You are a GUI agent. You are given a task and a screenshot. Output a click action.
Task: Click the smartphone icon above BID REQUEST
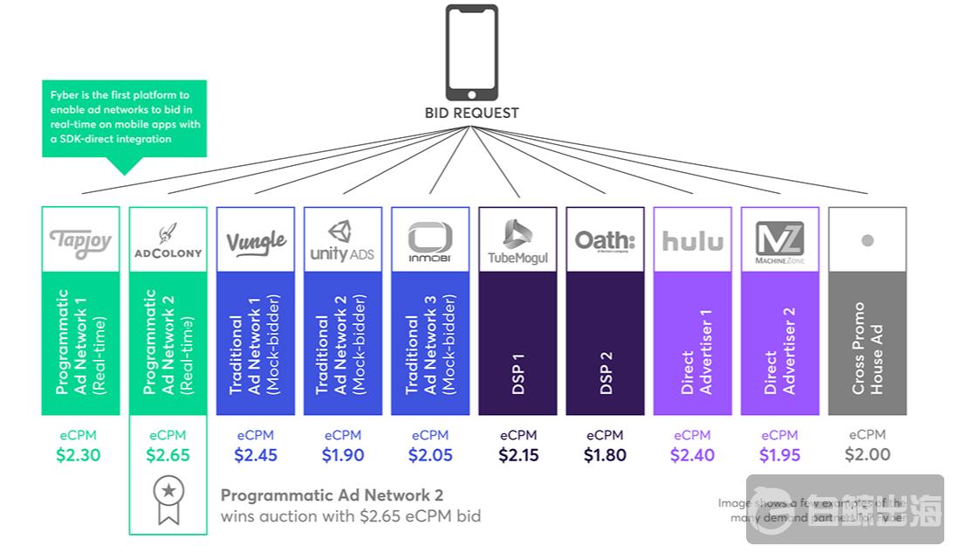[x=471, y=52]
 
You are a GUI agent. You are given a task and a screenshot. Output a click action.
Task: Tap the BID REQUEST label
[x=471, y=113]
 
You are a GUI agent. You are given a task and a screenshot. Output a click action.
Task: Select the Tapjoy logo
[x=80, y=240]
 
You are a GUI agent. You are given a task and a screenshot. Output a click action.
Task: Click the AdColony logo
[x=168, y=242]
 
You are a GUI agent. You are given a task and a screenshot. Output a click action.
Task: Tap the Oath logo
[x=605, y=240]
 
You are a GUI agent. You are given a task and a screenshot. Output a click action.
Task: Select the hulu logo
[x=692, y=241]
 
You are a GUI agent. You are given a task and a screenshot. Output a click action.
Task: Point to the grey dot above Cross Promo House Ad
[x=867, y=240]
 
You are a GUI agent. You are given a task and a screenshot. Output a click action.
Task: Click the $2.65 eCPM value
[x=168, y=454]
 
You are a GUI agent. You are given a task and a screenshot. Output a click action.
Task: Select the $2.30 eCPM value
[x=79, y=454]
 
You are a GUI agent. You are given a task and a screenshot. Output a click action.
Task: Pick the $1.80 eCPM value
[x=605, y=454]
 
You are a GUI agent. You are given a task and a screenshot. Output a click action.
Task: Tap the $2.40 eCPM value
[x=692, y=454]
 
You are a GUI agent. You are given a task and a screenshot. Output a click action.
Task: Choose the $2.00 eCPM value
[x=867, y=454]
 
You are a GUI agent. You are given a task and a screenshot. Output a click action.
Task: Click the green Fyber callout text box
[x=124, y=118]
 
